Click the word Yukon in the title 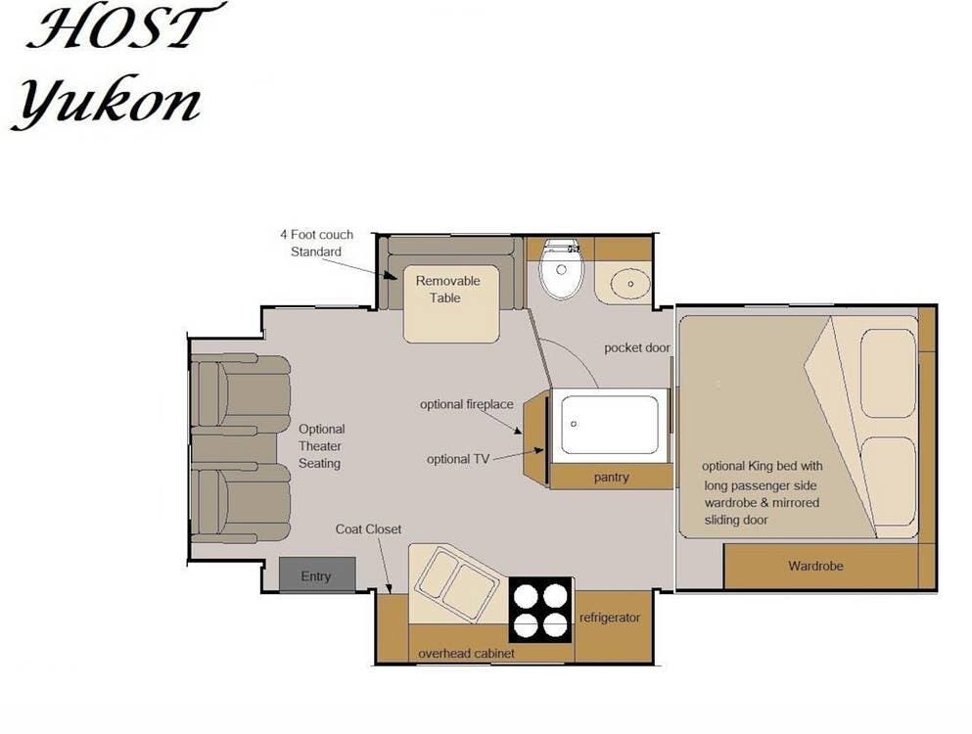point(107,104)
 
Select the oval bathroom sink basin point(629,283)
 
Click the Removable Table point(451,303)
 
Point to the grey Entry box point(317,574)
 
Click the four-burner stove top point(541,610)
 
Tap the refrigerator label point(610,618)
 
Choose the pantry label point(611,477)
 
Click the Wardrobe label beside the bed point(815,566)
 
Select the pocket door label point(637,347)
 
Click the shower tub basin point(610,425)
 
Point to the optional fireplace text point(467,404)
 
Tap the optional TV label point(457,459)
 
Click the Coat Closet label point(368,528)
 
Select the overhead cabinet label point(466,654)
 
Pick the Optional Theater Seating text point(321,445)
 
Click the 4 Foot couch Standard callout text point(316,243)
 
